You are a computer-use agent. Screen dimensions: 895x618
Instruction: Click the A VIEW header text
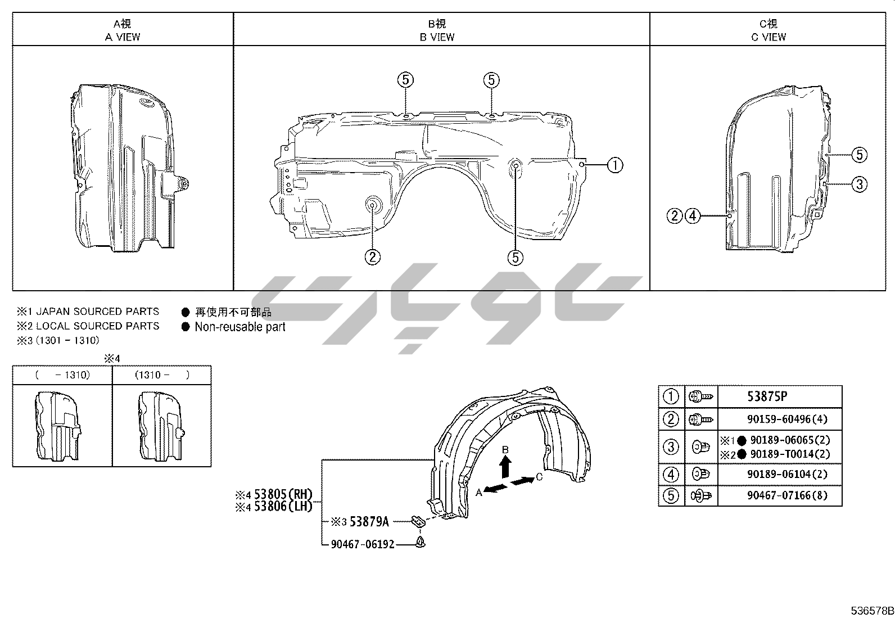pos(123,37)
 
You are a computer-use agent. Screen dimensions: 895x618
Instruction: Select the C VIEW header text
pos(769,37)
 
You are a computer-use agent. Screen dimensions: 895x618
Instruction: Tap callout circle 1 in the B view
pos(615,165)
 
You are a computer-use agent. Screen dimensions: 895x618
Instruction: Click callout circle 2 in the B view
pos(372,257)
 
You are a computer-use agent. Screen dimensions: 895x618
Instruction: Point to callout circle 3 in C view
pos(860,184)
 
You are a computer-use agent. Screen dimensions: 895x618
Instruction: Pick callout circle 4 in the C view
pos(693,216)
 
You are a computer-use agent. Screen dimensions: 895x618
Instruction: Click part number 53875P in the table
pos(767,396)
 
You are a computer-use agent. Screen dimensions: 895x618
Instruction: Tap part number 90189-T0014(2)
pos(790,454)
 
